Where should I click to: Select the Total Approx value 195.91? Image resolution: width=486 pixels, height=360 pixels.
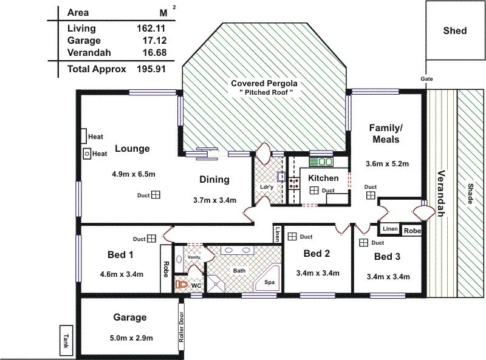click(x=151, y=69)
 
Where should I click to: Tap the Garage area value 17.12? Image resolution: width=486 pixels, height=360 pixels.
click(x=151, y=40)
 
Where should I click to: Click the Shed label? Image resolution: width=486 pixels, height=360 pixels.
click(x=455, y=30)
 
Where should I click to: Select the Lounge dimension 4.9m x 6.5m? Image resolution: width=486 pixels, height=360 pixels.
click(x=134, y=174)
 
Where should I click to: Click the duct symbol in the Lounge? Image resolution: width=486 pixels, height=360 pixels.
click(x=156, y=195)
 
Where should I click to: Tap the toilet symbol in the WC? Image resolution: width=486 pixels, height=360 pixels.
click(x=181, y=284)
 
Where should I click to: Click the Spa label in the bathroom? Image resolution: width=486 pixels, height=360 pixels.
click(x=269, y=283)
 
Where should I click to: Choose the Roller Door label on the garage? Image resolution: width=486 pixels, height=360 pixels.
click(x=181, y=327)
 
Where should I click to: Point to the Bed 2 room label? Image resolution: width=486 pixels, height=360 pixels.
click(x=317, y=254)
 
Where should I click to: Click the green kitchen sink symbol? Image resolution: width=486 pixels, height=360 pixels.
click(x=321, y=162)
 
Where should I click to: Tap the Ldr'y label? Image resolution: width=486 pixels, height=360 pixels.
click(x=265, y=187)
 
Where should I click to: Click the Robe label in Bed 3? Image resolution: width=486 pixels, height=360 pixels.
click(x=411, y=231)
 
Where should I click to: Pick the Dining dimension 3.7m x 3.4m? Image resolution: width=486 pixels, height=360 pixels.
click(x=214, y=200)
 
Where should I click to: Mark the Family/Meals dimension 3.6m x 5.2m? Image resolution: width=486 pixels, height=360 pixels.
click(x=386, y=164)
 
